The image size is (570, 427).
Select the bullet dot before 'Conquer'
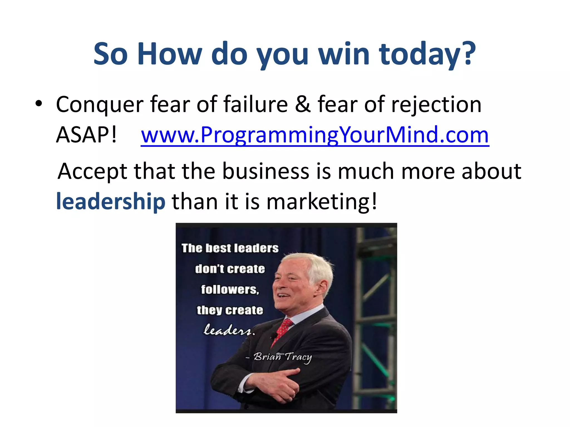pos(39,103)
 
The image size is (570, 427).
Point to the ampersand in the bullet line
pos(303,104)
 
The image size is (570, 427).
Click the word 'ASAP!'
pos(87,135)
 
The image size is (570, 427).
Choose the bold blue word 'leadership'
pos(111,201)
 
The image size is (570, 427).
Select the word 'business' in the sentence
pos(266,171)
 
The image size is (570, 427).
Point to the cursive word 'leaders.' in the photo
pos(229,330)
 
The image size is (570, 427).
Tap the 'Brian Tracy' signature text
pos(282,357)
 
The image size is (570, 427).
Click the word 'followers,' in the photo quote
pos(230,290)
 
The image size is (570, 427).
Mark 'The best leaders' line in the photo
pos(230,248)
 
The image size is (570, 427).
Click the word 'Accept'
pos(92,171)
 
